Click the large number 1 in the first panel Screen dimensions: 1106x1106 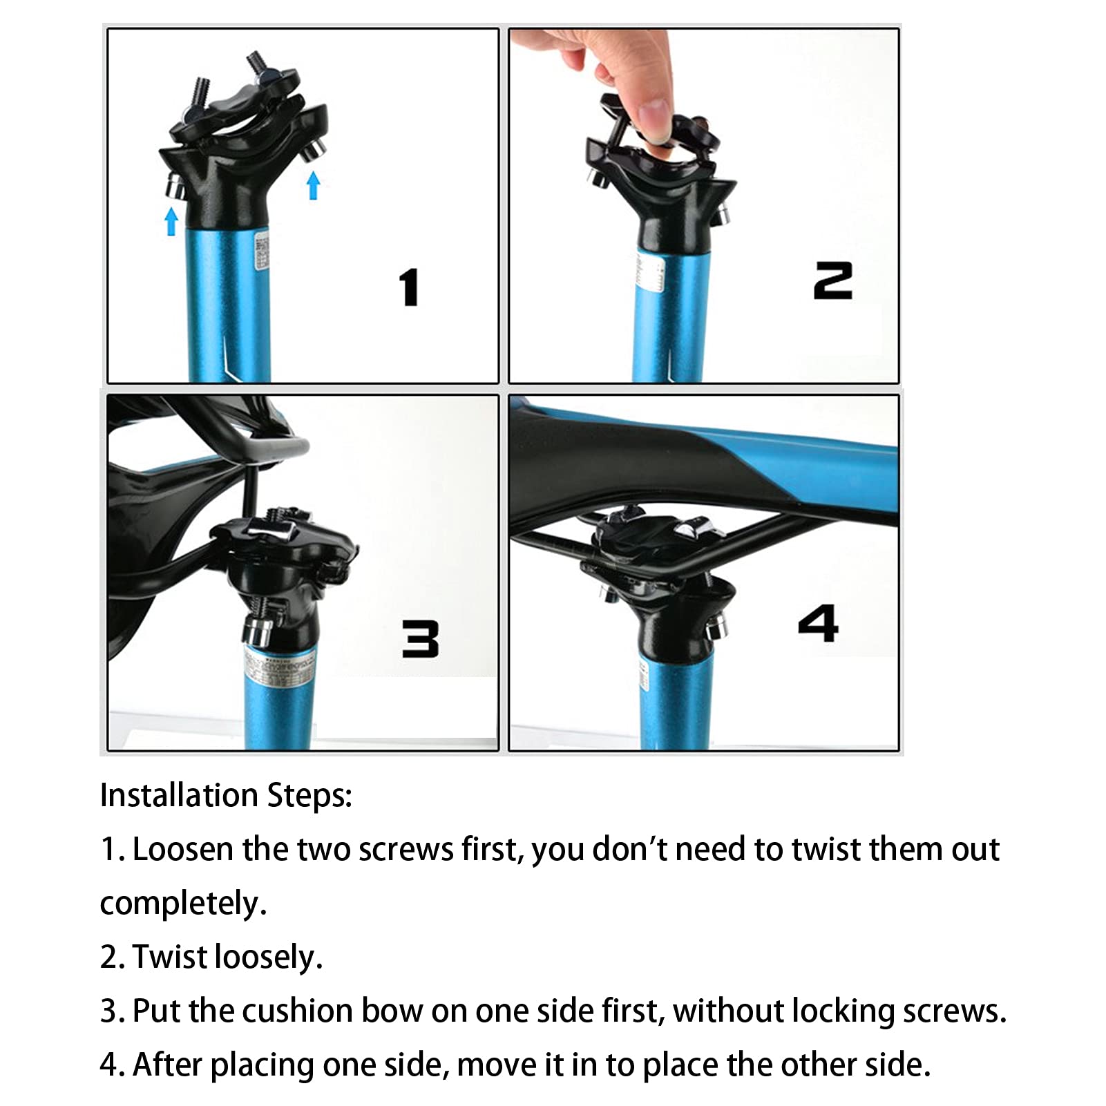pos(410,287)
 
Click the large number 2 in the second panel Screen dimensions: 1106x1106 pos(833,280)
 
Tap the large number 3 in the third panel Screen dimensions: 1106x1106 pos(421,638)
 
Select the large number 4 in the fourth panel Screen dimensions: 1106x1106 pos(818,623)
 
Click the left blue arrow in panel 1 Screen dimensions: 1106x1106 pos(171,222)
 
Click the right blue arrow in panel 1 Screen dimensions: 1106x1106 pos(314,185)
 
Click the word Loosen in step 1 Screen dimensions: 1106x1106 pos(182,849)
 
